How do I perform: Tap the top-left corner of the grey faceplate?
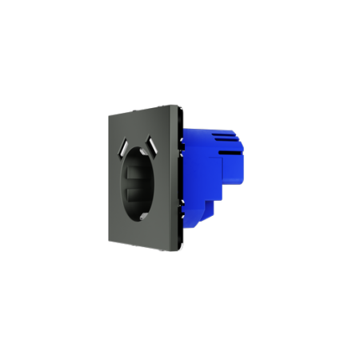[x=108, y=115]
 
